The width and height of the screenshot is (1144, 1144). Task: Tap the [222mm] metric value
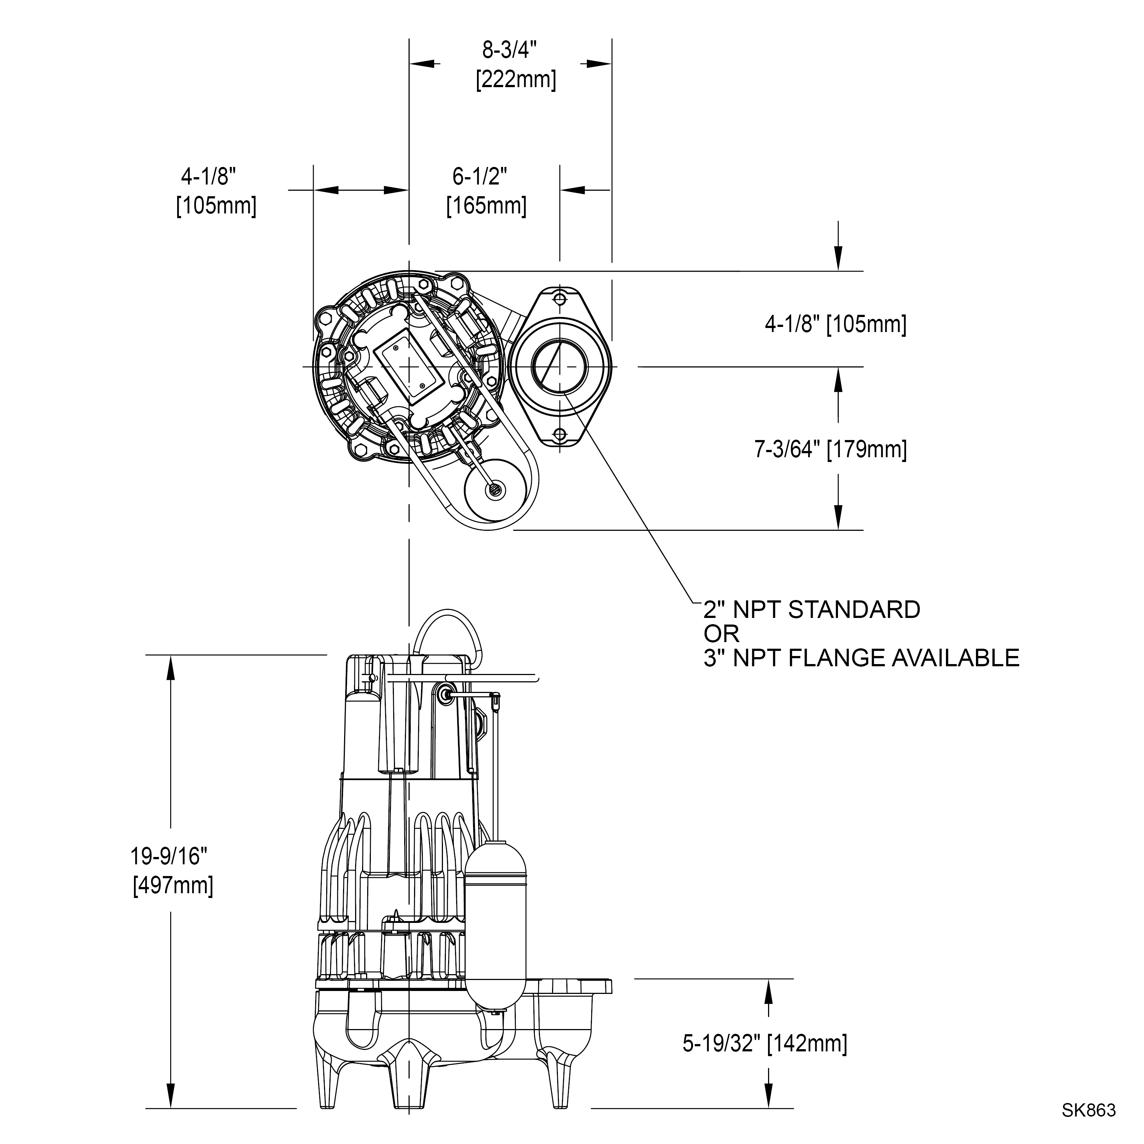pyautogui.click(x=516, y=79)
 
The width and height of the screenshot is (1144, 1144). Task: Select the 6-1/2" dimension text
pyautogui.click(x=480, y=176)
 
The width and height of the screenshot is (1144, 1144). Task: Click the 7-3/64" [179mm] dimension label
pyautogui.click(x=830, y=450)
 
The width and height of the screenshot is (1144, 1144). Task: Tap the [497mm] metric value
pyautogui.click(x=173, y=885)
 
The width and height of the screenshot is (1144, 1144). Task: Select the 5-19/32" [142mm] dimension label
pyautogui.click(x=764, y=1043)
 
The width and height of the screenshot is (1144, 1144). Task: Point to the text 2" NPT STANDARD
pyautogui.click(x=811, y=610)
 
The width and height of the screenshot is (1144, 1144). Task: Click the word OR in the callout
pyautogui.click(x=721, y=634)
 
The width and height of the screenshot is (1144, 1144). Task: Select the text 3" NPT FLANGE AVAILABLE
pyautogui.click(x=861, y=658)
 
